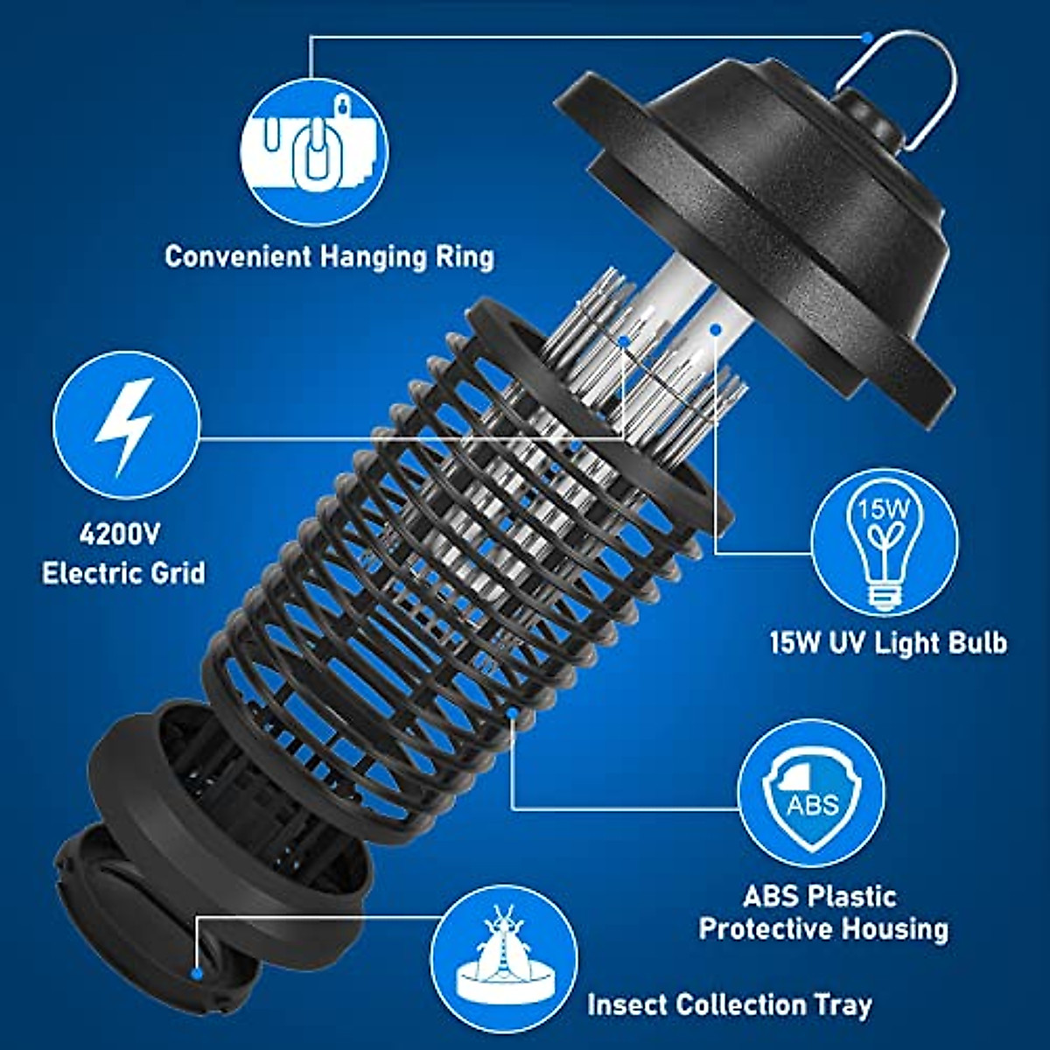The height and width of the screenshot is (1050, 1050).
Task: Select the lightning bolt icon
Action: coord(127,426)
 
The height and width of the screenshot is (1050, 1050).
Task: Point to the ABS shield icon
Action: coord(811,794)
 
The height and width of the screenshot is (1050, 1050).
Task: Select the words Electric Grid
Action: coord(123,573)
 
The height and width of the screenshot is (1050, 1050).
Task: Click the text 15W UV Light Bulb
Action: coord(888,643)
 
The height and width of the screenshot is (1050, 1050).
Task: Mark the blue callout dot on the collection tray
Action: coord(196,972)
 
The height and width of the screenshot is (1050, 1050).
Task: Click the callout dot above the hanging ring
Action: coord(866,38)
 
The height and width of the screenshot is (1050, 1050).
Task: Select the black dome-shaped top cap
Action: coord(770,201)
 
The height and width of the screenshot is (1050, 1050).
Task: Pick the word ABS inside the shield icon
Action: coord(813,804)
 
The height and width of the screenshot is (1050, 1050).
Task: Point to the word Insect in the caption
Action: coord(626,1005)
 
